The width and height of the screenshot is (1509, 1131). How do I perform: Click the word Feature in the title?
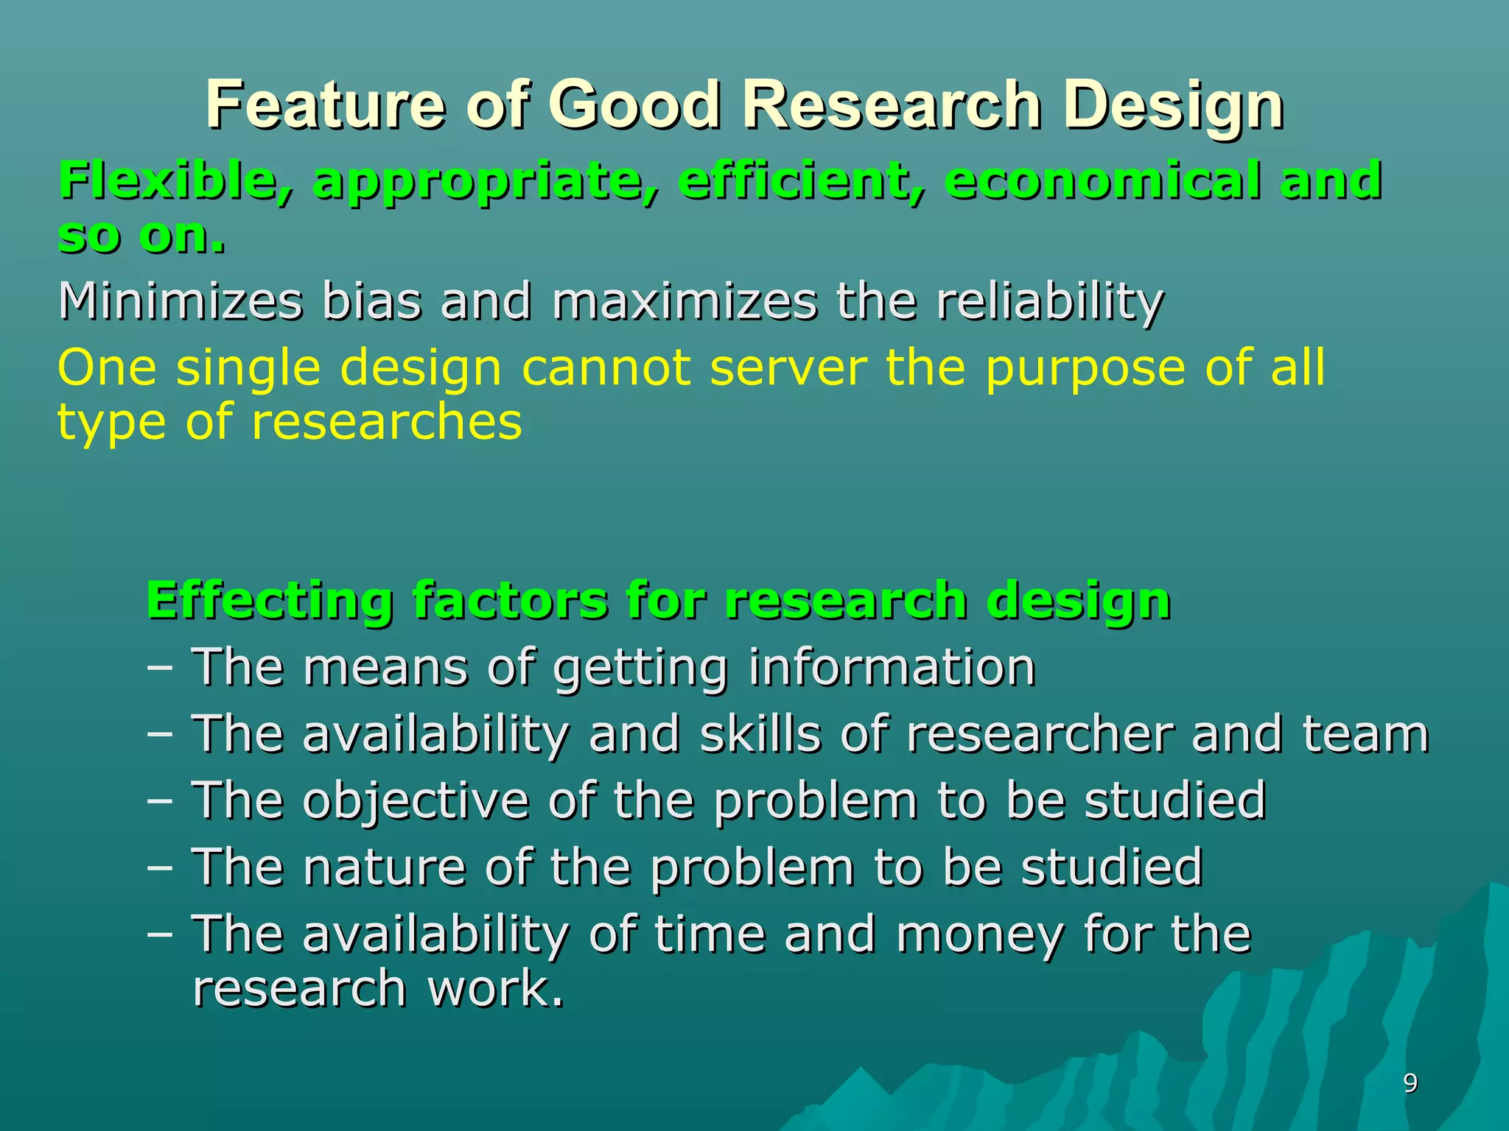[325, 105]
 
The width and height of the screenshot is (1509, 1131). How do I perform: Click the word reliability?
[1050, 302]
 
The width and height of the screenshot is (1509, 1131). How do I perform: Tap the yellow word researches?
[387, 423]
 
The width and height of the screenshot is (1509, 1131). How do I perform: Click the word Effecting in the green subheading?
[269, 601]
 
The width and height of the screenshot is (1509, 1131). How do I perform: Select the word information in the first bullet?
[892, 668]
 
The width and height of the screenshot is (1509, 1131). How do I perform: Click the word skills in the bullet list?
[760, 735]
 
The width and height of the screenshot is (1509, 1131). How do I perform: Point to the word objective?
[416, 801]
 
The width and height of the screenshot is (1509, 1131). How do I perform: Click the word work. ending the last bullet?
[495, 989]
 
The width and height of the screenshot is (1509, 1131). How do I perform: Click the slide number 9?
[1410, 1083]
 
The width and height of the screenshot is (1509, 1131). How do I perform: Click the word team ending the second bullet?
[1365, 735]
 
